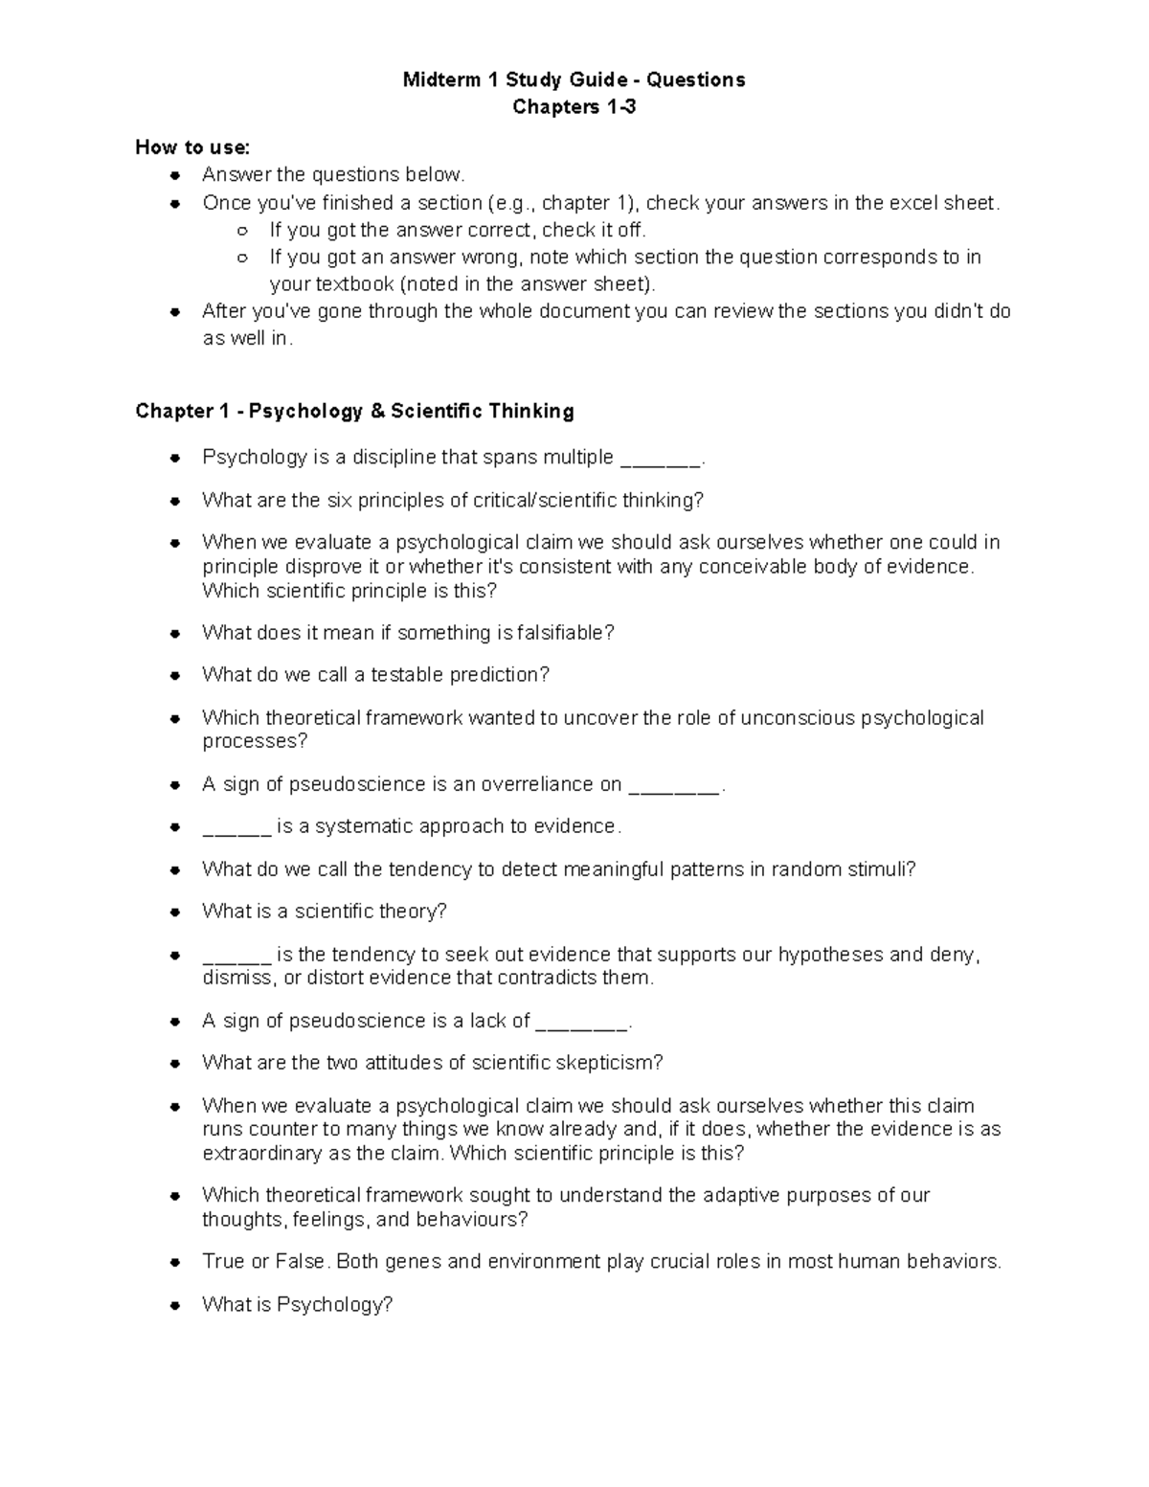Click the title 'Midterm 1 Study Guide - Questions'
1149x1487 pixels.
tap(574, 79)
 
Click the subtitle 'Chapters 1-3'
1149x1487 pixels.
tap(574, 107)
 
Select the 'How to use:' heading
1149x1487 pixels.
tap(192, 147)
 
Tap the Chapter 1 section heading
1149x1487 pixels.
tap(354, 412)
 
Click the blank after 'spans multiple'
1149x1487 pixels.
tap(661, 460)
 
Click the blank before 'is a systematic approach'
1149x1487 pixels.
tap(237, 828)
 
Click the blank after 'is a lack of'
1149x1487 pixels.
tap(581, 1023)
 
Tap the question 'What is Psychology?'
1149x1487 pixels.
tap(298, 1305)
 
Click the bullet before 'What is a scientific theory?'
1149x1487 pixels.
tap(174, 912)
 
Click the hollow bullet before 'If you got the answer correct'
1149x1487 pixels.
tap(243, 231)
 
